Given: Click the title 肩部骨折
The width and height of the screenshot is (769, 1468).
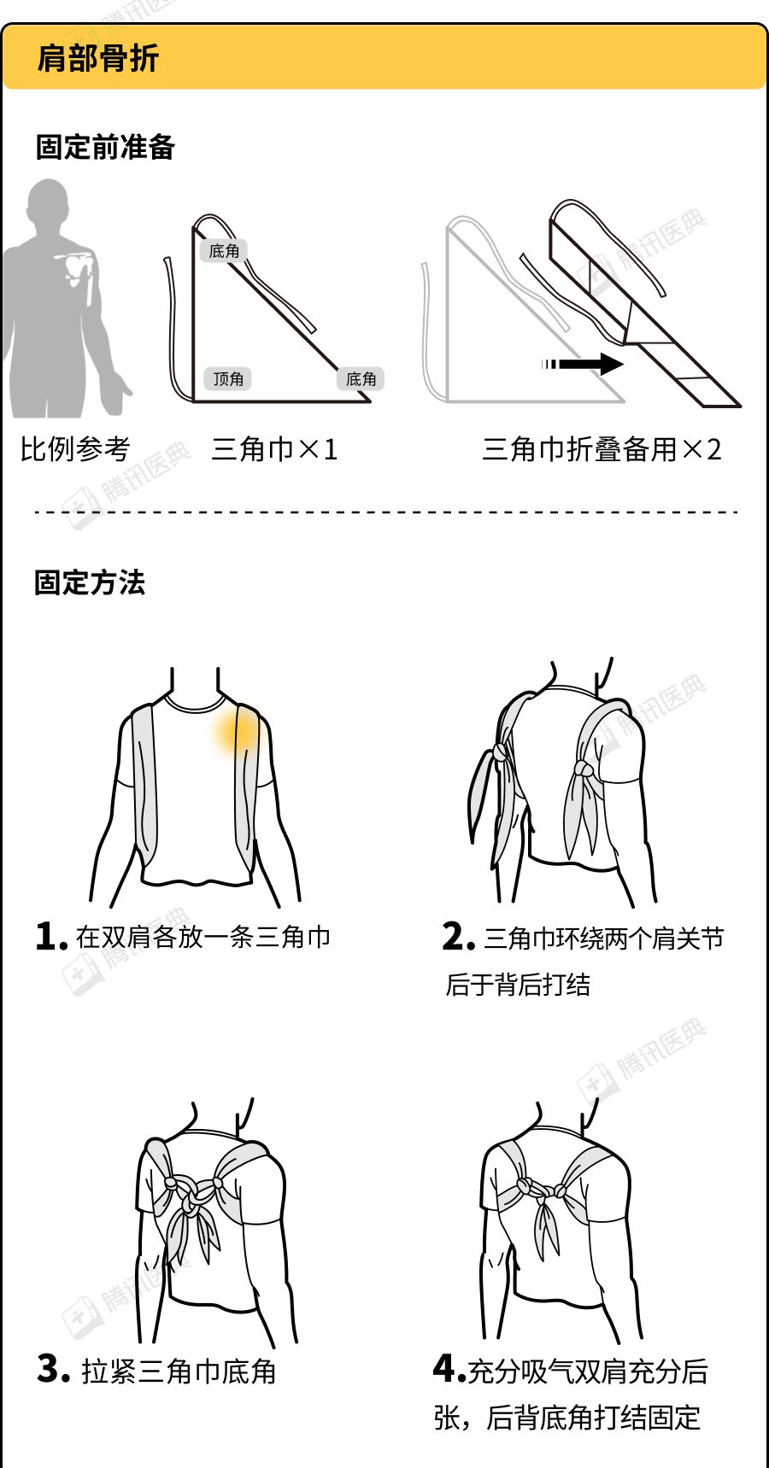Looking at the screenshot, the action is pyautogui.click(x=97, y=58).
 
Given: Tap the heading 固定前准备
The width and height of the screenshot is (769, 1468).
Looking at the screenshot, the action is pyautogui.click(x=105, y=147).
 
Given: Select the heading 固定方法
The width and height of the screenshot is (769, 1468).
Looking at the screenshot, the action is pyautogui.click(x=90, y=582).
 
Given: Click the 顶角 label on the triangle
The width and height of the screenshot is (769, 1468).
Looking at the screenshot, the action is pyautogui.click(x=228, y=378).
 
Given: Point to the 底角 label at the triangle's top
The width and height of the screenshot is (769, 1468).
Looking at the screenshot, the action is pyautogui.click(x=224, y=250).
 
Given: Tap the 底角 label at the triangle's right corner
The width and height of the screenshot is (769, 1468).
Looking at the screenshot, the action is pyautogui.click(x=361, y=378).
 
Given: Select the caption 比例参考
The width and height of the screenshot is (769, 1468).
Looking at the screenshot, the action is pyautogui.click(x=75, y=448).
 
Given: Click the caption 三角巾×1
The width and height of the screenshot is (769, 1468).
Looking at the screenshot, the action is pyautogui.click(x=274, y=448).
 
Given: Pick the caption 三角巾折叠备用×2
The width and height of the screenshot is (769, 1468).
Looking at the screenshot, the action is pyautogui.click(x=602, y=448).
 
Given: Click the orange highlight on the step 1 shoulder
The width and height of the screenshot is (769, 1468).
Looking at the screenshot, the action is pyautogui.click(x=237, y=733).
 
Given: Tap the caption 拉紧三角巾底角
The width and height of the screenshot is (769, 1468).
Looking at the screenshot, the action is pyautogui.click(x=179, y=1371).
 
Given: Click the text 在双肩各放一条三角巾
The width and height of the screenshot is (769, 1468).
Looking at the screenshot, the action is pyautogui.click(x=203, y=937).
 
